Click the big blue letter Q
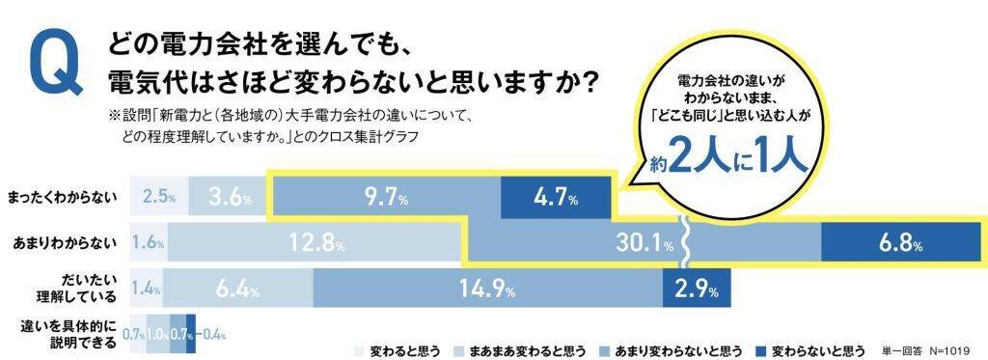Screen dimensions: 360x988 click(x=55, y=67)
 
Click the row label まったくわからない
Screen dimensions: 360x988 click(x=61, y=198)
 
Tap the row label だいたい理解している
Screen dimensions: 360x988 click(x=82, y=288)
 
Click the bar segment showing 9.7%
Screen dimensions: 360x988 click(x=385, y=199)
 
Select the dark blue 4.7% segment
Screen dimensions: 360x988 click(x=554, y=199)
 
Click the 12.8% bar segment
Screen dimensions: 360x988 click(x=318, y=242)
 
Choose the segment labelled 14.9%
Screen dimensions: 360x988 click(x=487, y=288)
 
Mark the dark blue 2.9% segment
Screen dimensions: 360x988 click(x=696, y=288)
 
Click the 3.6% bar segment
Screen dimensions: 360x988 click(x=226, y=199)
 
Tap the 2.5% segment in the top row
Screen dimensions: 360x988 click(x=158, y=199)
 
